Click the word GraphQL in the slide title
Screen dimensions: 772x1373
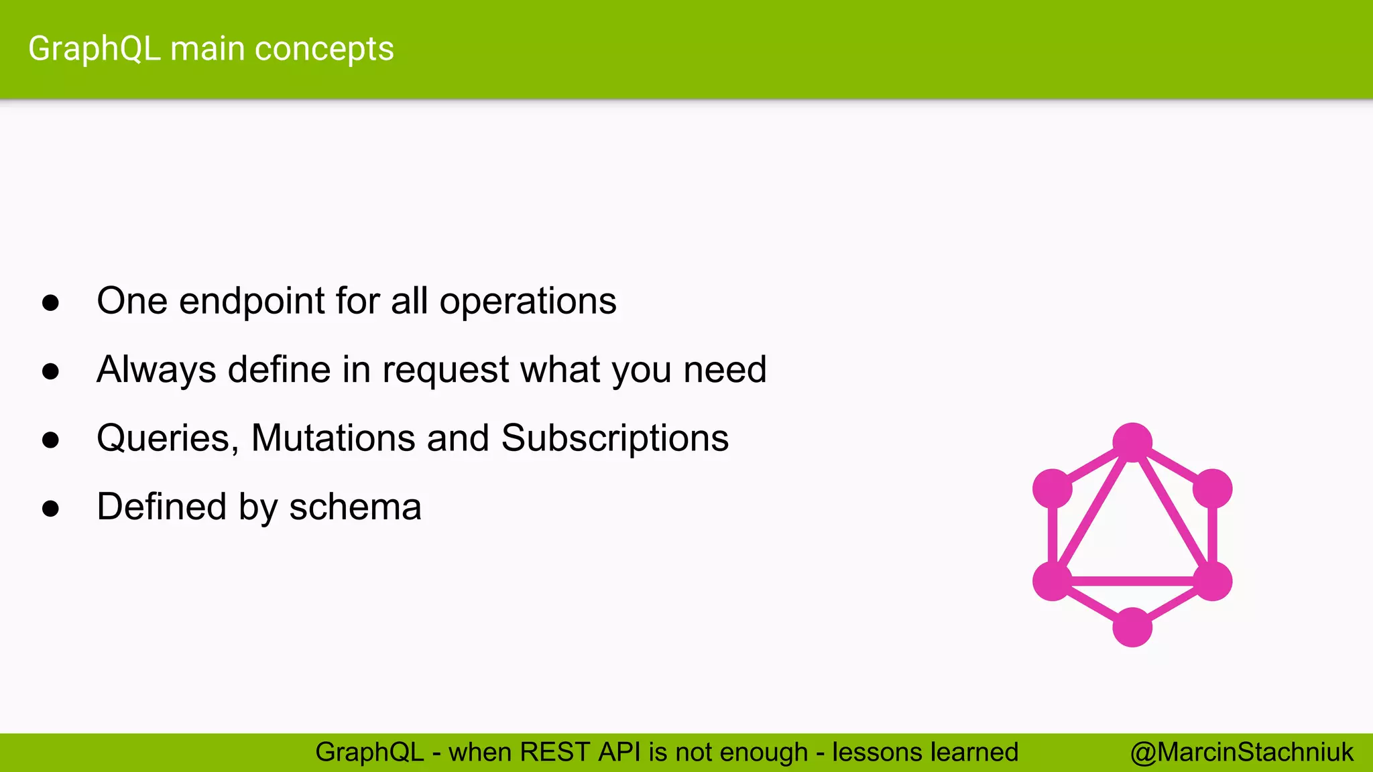point(94,50)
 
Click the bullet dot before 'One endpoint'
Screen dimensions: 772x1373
point(50,302)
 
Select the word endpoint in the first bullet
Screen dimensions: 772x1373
point(252,301)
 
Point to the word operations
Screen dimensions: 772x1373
point(528,301)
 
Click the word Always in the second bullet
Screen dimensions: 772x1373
point(156,370)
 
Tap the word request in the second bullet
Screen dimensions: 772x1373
point(446,370)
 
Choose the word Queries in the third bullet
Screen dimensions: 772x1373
point(168,438)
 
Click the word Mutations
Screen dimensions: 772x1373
point(333,438)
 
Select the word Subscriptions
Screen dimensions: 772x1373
point(615,438)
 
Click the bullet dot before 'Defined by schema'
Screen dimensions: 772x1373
point(50,509)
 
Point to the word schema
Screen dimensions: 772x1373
point(355,507)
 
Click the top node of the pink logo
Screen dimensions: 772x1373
point(1132,442)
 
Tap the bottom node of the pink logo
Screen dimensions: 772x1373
point(1132,627)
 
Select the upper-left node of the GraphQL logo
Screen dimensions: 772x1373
point(1053,489)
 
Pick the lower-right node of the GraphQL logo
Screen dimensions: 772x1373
point(1212,581)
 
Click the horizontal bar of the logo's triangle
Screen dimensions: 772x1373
point(1132,581)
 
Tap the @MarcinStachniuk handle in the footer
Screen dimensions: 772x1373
point(1242,752)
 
